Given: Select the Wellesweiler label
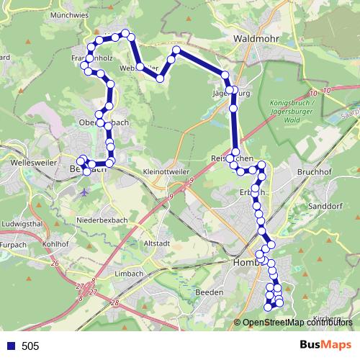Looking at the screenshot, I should pos(24,163).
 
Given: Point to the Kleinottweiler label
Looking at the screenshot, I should pos(168,173).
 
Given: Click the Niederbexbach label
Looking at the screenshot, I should pos(102,219).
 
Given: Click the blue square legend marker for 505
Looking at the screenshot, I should pos(11,346).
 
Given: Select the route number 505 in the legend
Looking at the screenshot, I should pos(30,346).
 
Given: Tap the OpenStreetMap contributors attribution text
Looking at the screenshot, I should pos(297,323).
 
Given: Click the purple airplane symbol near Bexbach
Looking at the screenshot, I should pos(86,193).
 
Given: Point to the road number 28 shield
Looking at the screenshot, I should pos(115,304).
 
